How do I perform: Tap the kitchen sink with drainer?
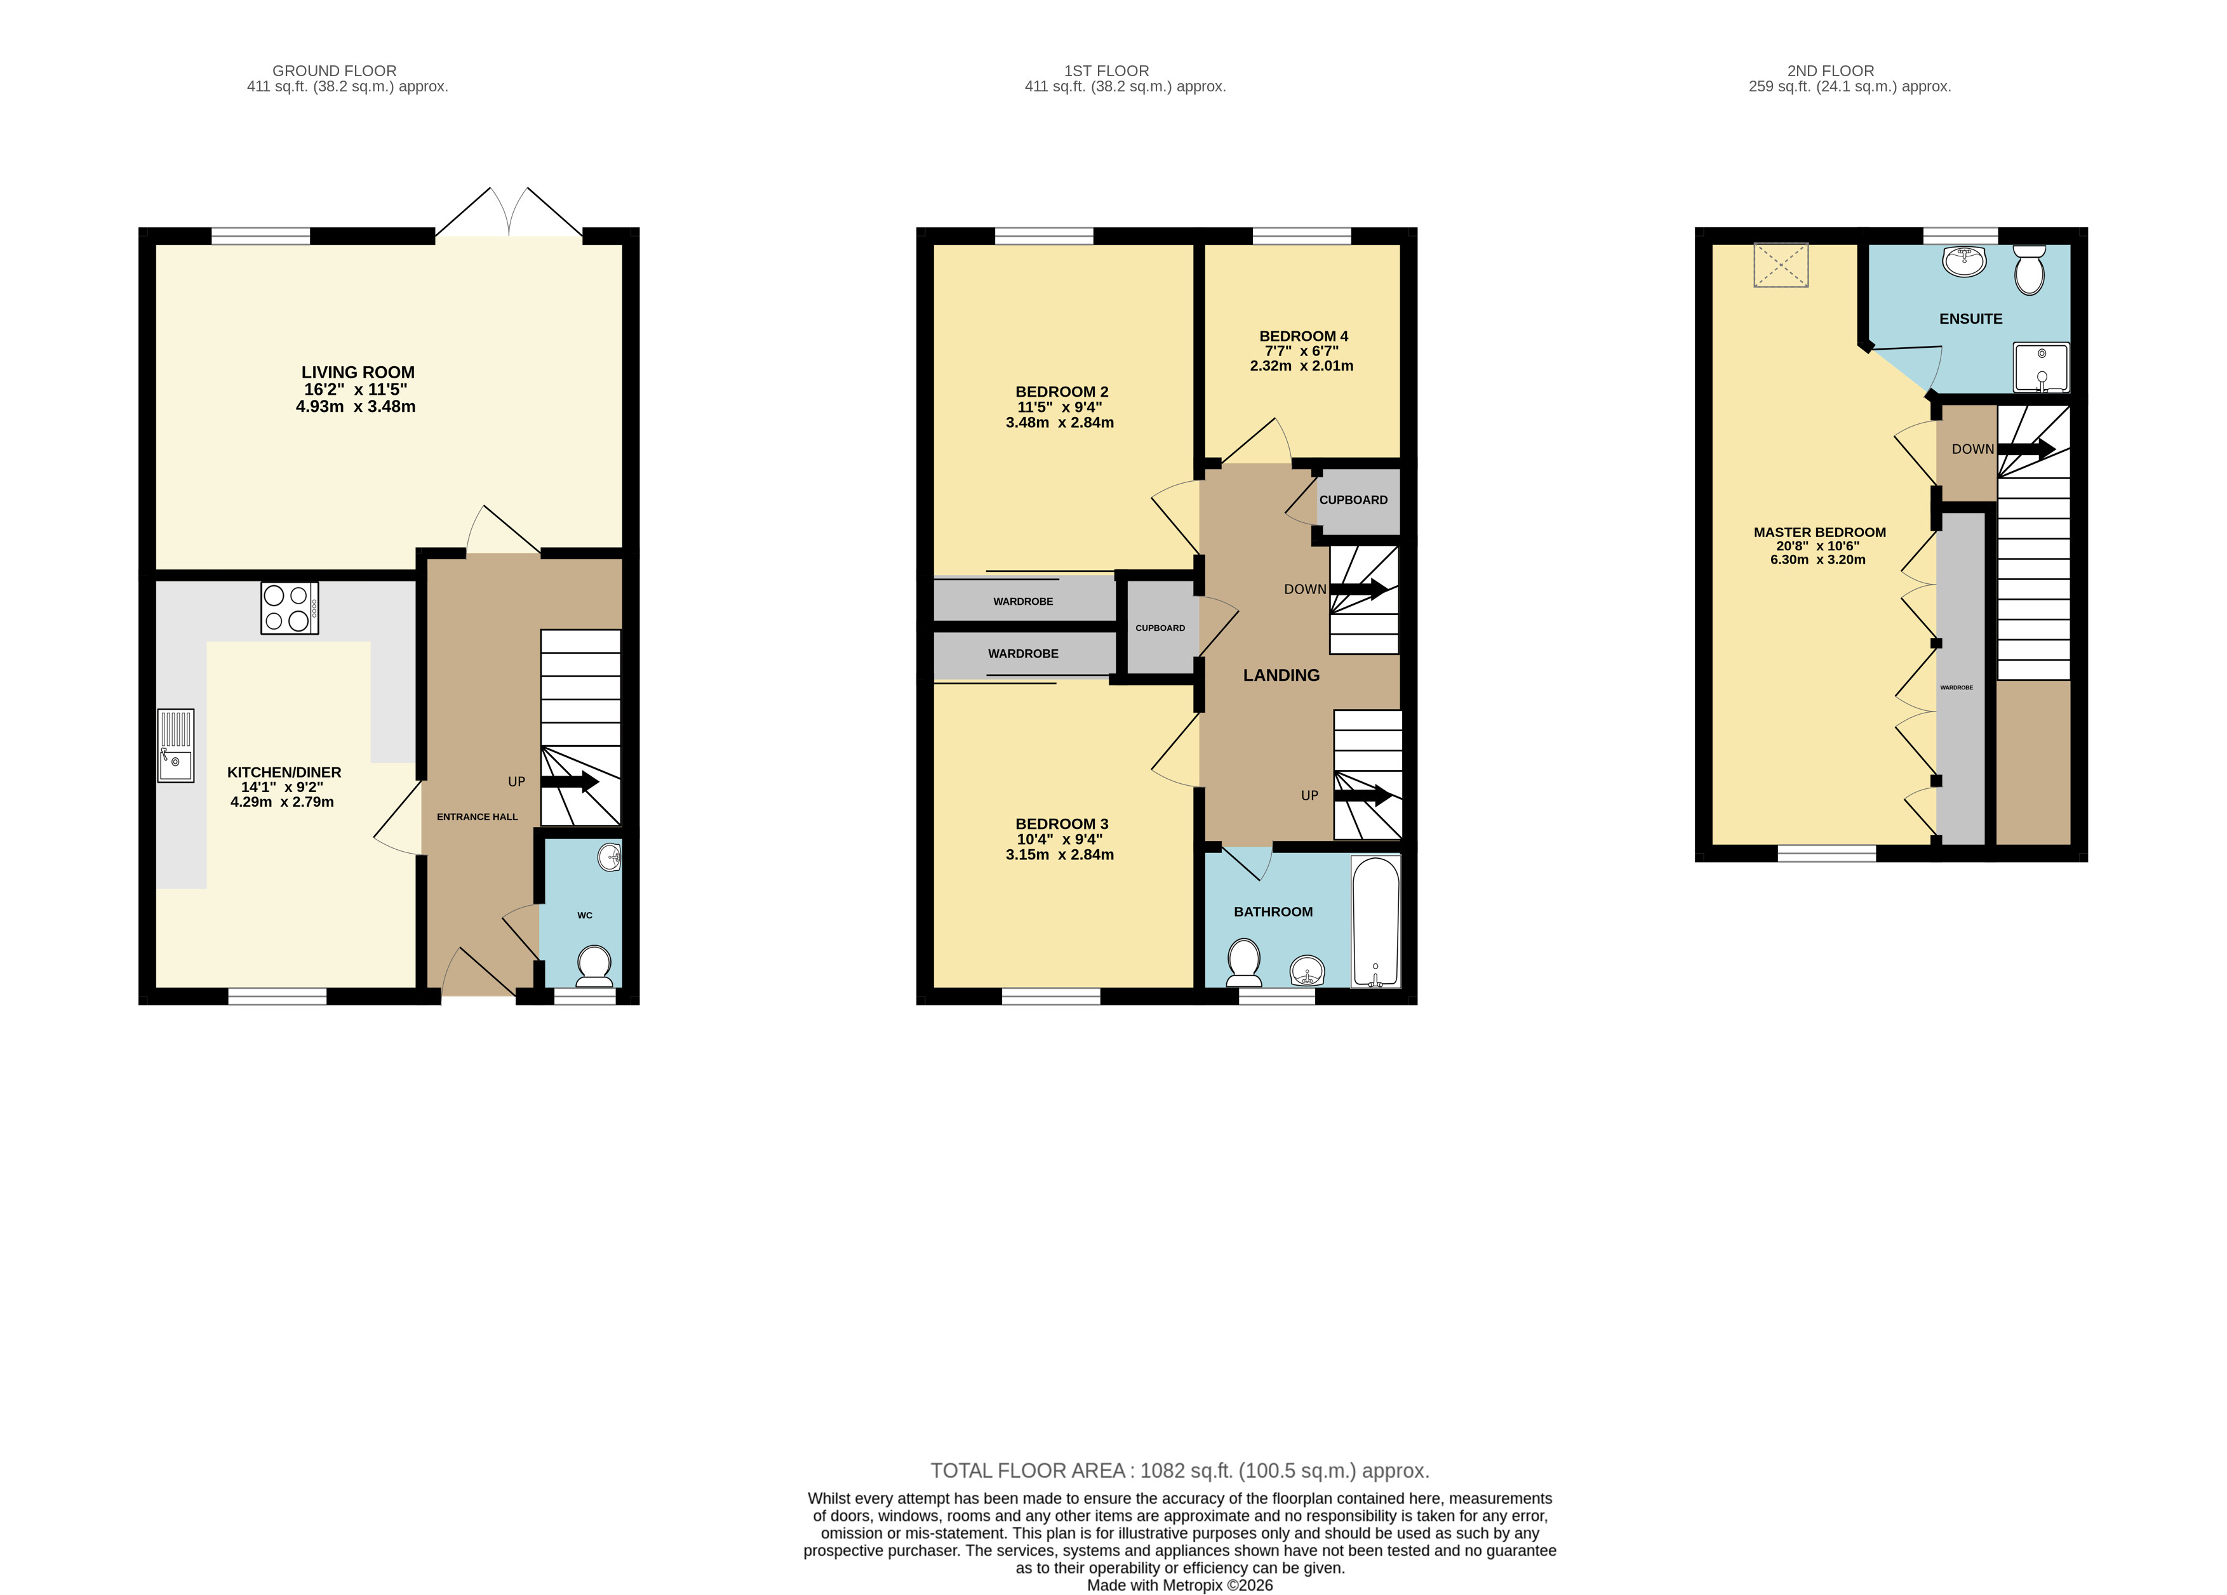176,746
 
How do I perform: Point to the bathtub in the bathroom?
1375,921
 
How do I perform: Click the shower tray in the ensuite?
2042,367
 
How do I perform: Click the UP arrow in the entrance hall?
570,783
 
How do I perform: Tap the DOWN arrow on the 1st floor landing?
1359,590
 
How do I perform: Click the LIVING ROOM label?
358,372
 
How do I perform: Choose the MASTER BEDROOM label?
1819,532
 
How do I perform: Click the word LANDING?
1281,675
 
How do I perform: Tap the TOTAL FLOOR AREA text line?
1179,1471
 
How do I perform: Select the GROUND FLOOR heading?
335,70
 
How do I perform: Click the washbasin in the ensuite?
1964,260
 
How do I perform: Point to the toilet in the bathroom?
1244,962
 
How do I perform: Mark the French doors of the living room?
509,212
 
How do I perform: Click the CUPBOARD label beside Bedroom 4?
1353,500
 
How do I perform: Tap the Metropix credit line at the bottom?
1179,1585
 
